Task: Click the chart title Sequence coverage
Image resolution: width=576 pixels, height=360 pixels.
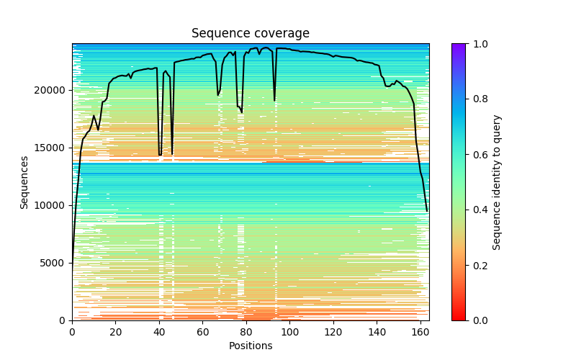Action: coord(250,34)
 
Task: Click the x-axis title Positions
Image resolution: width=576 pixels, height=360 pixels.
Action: coord(250,346)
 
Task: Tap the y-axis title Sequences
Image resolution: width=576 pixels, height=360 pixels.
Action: coord(24,182)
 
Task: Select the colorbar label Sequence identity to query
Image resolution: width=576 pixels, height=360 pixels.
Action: coord(497,182)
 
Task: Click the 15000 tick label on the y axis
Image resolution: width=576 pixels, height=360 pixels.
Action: coord(54,148)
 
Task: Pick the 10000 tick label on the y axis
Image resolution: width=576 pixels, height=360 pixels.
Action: coord(54,205)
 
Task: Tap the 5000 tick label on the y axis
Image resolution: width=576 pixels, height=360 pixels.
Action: coord(57,263)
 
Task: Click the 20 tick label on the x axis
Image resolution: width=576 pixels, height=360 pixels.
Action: coord(115,332)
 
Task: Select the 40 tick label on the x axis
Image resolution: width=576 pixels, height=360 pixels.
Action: coord(159,332)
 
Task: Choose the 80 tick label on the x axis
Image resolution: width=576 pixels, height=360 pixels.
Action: coord(246,332)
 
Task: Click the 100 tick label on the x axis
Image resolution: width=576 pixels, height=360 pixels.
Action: coord(289,332)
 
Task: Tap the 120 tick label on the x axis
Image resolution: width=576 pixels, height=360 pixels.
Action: coord(333,332)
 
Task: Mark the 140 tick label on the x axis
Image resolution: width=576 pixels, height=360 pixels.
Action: coord(377,332)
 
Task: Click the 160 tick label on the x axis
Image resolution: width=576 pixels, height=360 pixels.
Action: coord(420,332)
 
